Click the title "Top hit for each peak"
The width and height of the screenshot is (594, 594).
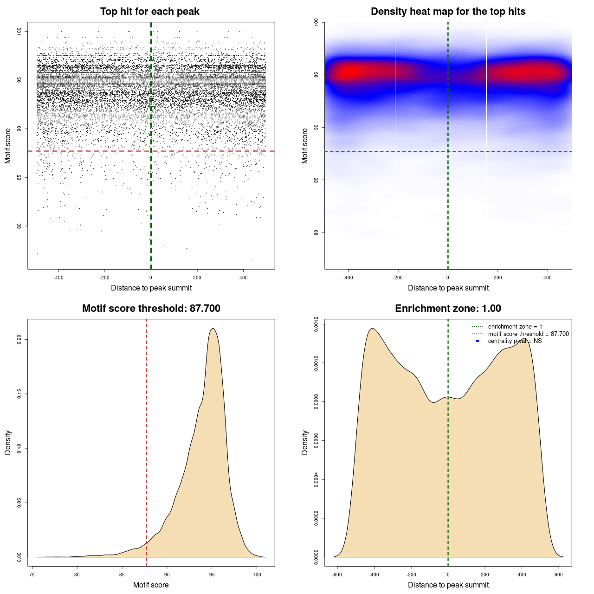(149, 12)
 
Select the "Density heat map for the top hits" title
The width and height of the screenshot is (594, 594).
(448, 12)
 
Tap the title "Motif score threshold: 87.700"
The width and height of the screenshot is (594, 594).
(151, 309)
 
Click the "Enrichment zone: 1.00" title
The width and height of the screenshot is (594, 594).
(448, 309)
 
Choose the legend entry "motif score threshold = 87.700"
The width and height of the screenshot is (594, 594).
(528, 334)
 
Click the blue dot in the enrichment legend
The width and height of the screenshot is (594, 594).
(478, 341)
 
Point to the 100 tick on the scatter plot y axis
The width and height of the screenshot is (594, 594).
(19, 31)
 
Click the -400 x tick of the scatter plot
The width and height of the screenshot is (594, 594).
(58, 278)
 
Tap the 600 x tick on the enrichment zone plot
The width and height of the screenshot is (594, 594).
(559, 575)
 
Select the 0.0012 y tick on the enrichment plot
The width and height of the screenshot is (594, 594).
(316, 324)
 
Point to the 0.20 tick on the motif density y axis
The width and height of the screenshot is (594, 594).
(19, 340)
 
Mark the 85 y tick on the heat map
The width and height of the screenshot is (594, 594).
(316, 180)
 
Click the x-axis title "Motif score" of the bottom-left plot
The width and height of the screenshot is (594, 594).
(151, 585)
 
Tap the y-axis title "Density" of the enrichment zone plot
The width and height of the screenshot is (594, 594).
(305, 442)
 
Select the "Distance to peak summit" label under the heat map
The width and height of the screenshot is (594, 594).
(448, 288)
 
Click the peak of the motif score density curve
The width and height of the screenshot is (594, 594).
(213, 329)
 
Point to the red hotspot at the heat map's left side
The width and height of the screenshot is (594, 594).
(351, 71)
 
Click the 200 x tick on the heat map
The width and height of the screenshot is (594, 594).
(498, 278)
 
